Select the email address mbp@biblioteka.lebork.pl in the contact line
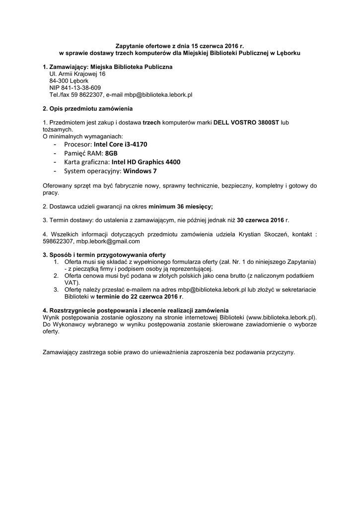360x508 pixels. tap(158, 94)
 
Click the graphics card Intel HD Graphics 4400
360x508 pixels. tap(146, 162)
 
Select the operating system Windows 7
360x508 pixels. tap(140, 171)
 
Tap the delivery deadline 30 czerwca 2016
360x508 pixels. tap(260, 219)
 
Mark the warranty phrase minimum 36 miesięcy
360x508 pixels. tap(180, 205)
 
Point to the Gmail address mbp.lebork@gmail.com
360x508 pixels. tap(109, 241)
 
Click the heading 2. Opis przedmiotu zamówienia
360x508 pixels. tap(88, 109)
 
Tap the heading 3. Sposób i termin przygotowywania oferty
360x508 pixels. tap(104, 254)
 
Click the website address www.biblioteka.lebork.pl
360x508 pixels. tap(281, 316)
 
